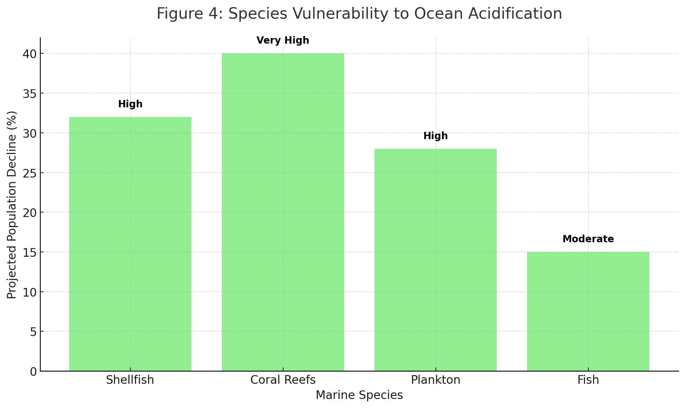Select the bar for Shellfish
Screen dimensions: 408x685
[130, 244]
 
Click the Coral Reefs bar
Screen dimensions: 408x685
[283, 212]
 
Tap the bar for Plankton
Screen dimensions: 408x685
[435, 260]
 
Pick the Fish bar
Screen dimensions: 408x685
[588, 311]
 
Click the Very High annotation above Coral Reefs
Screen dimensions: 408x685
[283, 41]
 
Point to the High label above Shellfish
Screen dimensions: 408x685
[130, 104]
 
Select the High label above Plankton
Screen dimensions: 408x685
[435, 136]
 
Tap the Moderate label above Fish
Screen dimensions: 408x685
[588, 239]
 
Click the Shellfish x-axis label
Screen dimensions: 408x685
[130, 380]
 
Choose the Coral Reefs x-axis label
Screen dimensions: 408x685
[283, 380]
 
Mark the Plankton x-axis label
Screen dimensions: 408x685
[435, 380]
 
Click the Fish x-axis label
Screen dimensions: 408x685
[588, 380]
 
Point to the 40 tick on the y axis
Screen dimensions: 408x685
[29, 54]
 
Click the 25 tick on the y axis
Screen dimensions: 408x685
[29, 173]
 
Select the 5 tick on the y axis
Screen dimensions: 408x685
[32, 332]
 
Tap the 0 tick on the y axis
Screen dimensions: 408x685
[32, 371]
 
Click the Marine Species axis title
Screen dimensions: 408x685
[359, 395]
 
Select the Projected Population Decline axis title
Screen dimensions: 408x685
[12, 205]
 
